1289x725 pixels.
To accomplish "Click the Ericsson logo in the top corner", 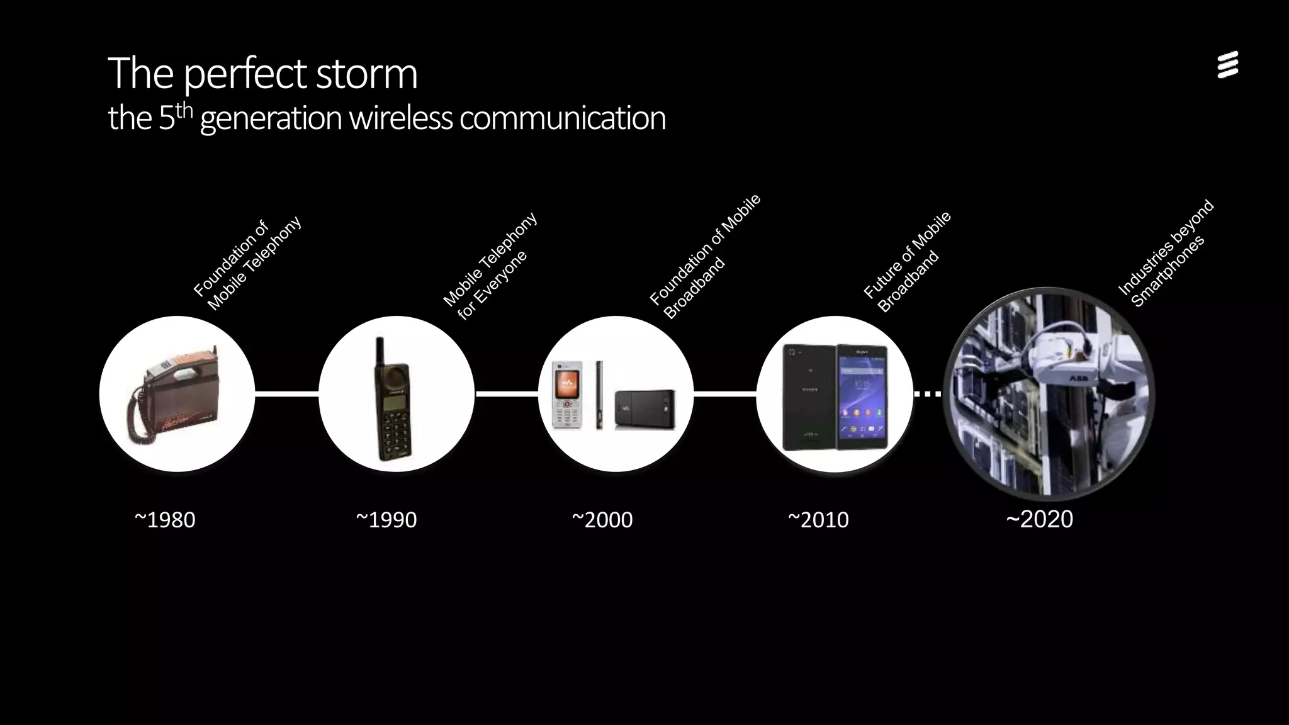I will [x=1227, y=65].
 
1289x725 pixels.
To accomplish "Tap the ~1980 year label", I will [x=165, y=520].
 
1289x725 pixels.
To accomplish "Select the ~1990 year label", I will [x=386, y=520].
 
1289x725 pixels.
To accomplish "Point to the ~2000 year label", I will [x=602, y=520].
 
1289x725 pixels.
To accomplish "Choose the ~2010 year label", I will [x=818, y=520].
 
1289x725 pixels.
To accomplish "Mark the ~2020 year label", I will [x=1040, y=519].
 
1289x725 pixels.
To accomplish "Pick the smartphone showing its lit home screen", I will [x=862, y=396].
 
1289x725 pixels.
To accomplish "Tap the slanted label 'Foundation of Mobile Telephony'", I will [x=247, y=264].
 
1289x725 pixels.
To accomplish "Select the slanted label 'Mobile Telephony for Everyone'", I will [x=491, y=267].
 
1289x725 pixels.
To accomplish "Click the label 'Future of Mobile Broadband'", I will [x=907, y=263].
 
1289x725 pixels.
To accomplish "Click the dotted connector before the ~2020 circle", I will [x=928, y=394].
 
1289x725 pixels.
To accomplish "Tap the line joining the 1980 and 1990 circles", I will [x=287, y=394].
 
